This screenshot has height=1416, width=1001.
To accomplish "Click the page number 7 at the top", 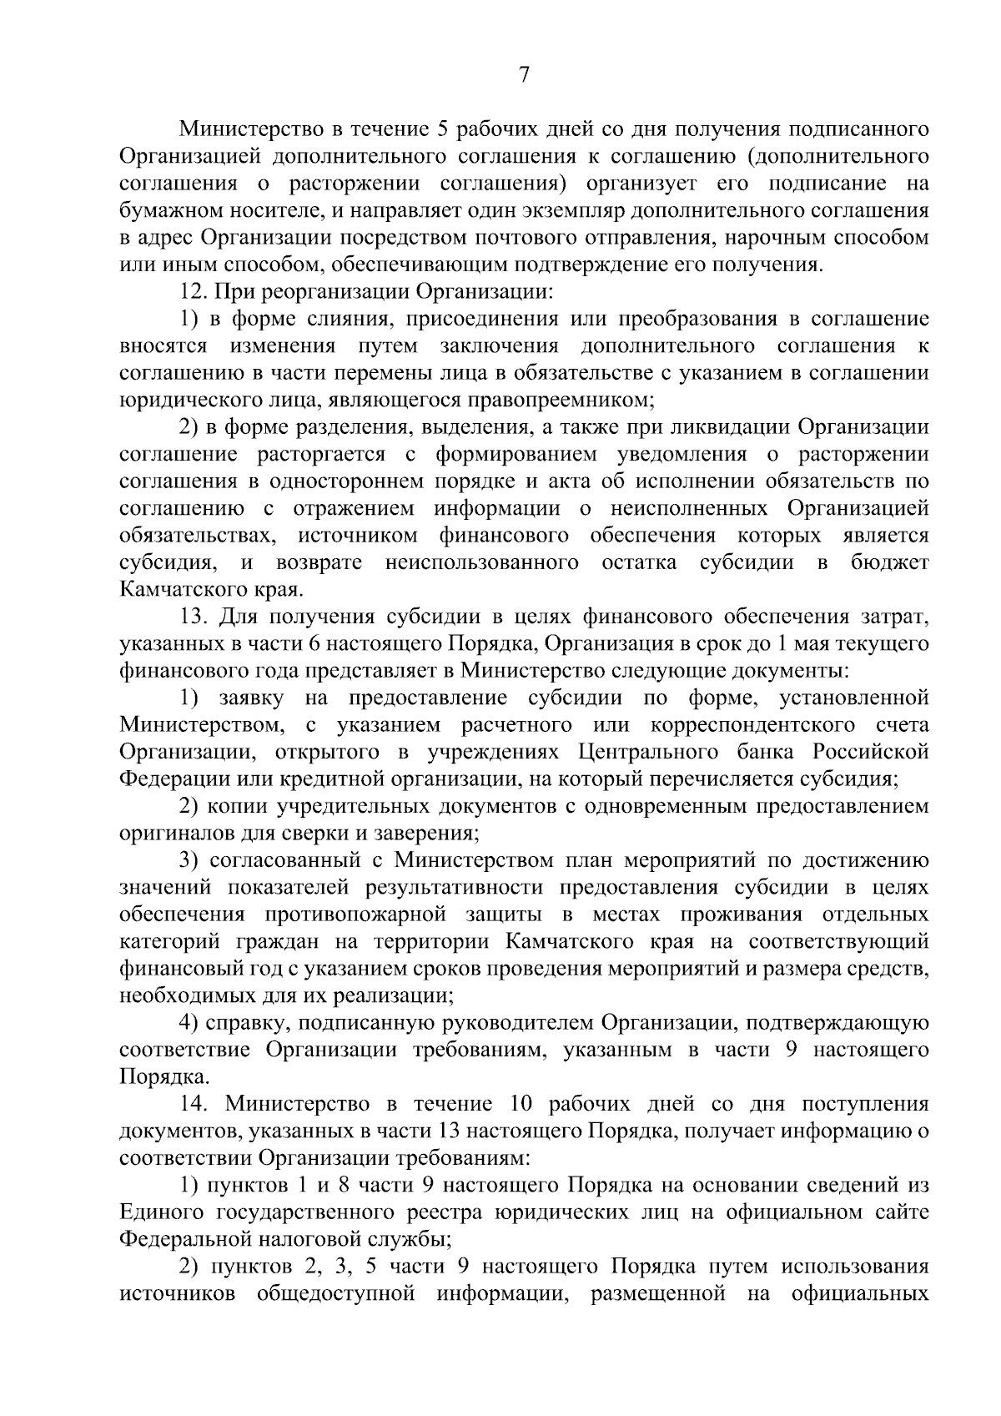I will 523,75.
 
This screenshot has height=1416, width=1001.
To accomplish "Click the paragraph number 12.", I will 194,292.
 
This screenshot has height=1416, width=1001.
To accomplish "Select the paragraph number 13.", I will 194,617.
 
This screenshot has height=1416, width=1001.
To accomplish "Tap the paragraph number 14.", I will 194,1104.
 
